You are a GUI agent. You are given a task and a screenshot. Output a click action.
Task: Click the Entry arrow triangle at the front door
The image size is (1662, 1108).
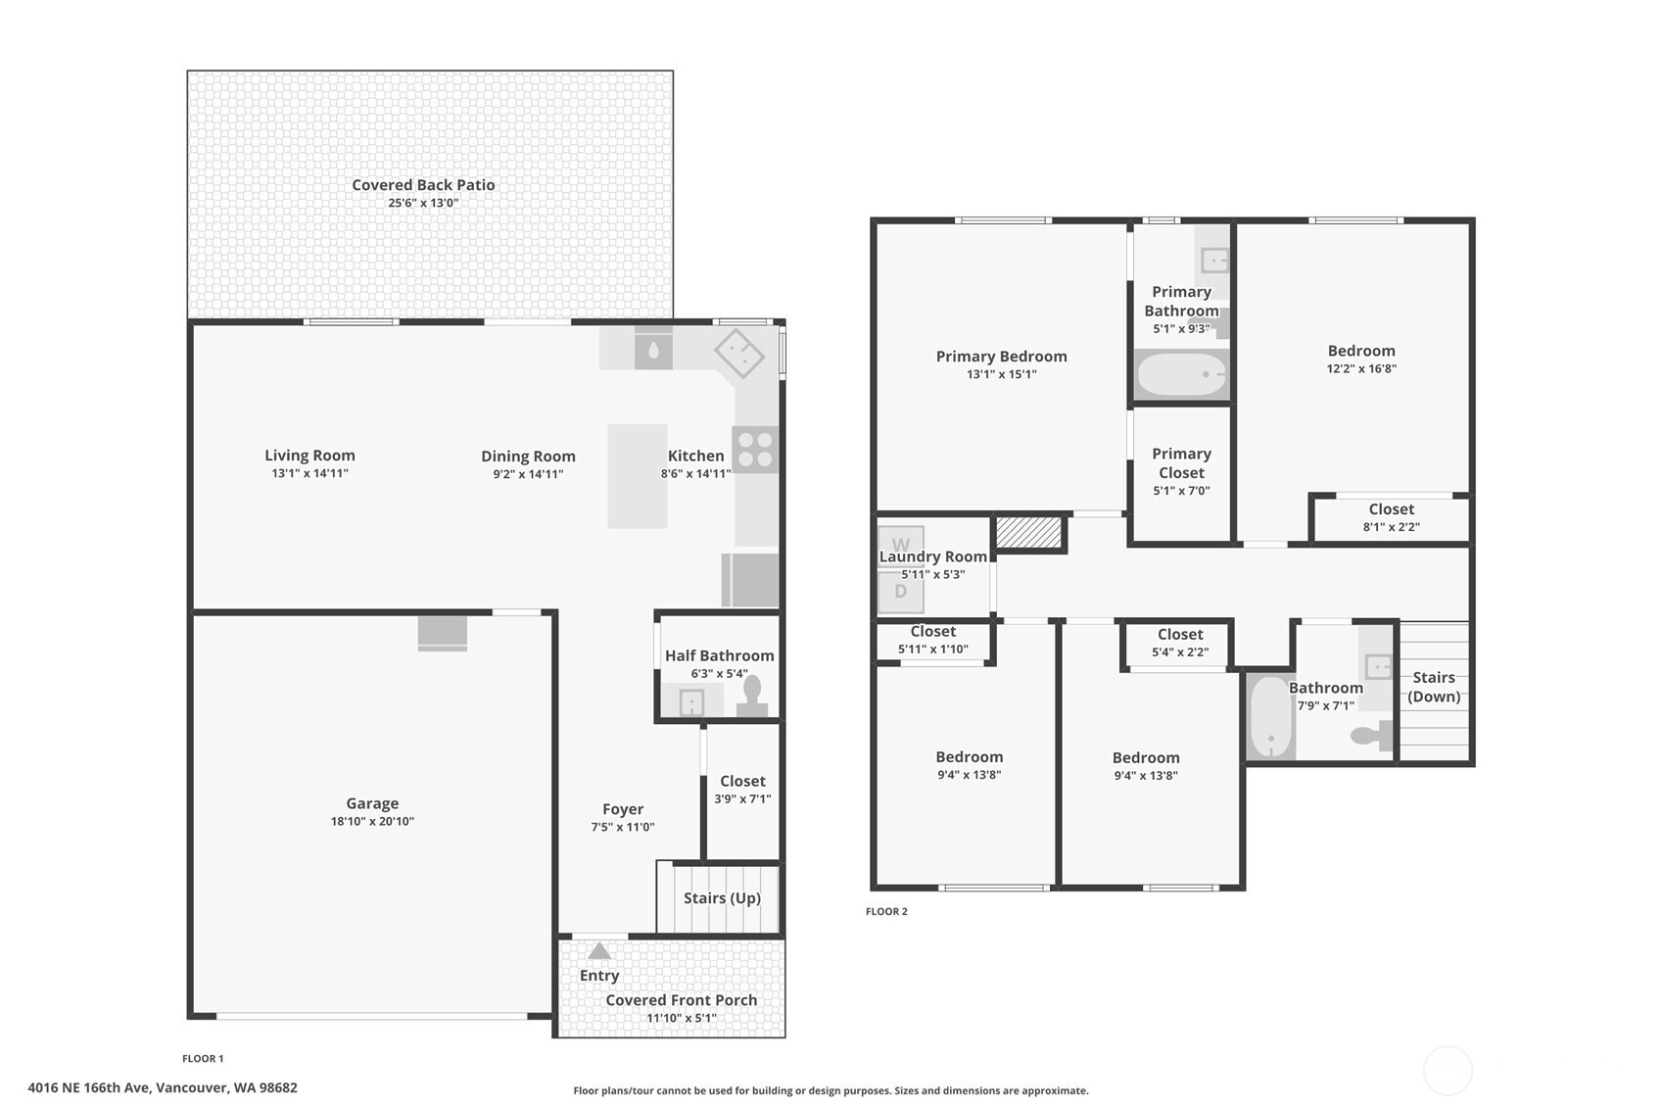pos(598,950)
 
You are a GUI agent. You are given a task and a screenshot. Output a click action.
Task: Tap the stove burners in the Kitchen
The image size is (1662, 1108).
pos(755,449)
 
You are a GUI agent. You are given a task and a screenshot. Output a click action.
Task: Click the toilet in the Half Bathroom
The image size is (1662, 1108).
pos(751,697)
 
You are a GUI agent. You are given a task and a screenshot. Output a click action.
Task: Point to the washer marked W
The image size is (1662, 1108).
pos(901,547)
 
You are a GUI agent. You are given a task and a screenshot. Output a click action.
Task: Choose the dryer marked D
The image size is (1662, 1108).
pos(901,592)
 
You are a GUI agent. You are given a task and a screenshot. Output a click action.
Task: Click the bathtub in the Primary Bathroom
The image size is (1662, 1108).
pos(1181,374)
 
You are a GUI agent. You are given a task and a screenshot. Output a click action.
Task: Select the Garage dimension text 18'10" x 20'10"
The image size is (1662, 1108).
pos(372,821)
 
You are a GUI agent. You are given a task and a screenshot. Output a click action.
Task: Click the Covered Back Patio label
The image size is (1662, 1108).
pos(423,185)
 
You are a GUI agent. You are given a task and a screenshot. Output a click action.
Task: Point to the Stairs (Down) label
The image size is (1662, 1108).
pos(1434,687)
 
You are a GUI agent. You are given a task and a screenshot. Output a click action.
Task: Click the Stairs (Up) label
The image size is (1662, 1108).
pos(722,898)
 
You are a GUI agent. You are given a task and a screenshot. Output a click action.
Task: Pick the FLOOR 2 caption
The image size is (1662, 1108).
pos(886,911)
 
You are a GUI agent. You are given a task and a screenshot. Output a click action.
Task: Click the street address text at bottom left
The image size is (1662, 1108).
pos(163,1087)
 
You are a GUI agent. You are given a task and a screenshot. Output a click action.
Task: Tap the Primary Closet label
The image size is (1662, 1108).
pos(1181,463)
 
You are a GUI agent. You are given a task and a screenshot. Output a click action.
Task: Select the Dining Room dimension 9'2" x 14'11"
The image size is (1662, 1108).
pos(528,474)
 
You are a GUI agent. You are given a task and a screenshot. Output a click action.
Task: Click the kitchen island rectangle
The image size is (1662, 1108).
pos(638,476)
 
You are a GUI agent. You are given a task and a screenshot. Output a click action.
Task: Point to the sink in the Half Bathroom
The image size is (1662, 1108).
pos(691,701)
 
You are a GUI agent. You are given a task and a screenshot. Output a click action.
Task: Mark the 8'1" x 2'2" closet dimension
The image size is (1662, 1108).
pos(1391,527)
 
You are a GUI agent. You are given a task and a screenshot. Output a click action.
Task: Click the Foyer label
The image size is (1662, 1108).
pos(623,809)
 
